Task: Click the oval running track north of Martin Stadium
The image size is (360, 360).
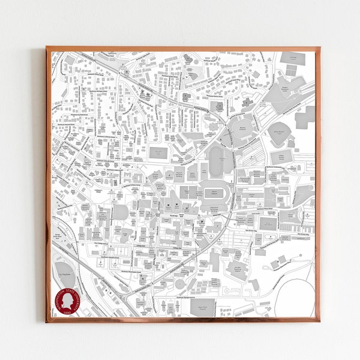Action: point(215,161)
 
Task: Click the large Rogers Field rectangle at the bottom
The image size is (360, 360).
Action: point(202,307)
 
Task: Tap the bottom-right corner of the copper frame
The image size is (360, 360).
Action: point(319,322)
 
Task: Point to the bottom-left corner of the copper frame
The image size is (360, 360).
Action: point(46,322)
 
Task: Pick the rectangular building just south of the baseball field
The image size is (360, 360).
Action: point(281,157)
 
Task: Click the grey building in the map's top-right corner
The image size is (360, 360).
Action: point(292,58)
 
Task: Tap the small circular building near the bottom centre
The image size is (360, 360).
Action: point(179,284)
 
